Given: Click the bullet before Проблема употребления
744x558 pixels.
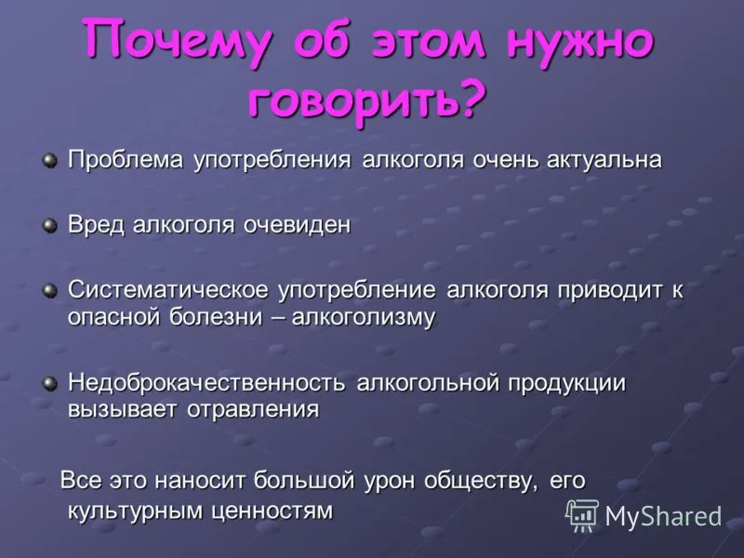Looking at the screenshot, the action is (49, 160).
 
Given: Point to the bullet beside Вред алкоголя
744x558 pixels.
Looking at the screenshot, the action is (49, 225).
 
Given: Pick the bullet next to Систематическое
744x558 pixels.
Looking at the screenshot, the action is (49, 290).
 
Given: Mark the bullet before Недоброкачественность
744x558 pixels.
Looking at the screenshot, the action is (49, 383).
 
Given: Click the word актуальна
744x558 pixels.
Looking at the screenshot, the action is (604, 160).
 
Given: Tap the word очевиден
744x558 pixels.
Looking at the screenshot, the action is (297, 224).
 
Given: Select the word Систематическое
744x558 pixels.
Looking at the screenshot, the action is (168, 290).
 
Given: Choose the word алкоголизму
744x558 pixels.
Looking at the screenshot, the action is (364, 317).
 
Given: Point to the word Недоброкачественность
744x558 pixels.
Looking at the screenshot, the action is (206, 383).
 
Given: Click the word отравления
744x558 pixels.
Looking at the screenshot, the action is (253, 409).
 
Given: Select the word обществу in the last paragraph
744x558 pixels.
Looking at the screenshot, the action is (482, 481).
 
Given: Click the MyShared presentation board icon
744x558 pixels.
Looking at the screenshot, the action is (582, 515).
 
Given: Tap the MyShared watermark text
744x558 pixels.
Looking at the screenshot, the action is (663, 516).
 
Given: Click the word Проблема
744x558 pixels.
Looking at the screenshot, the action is (126, 160).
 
